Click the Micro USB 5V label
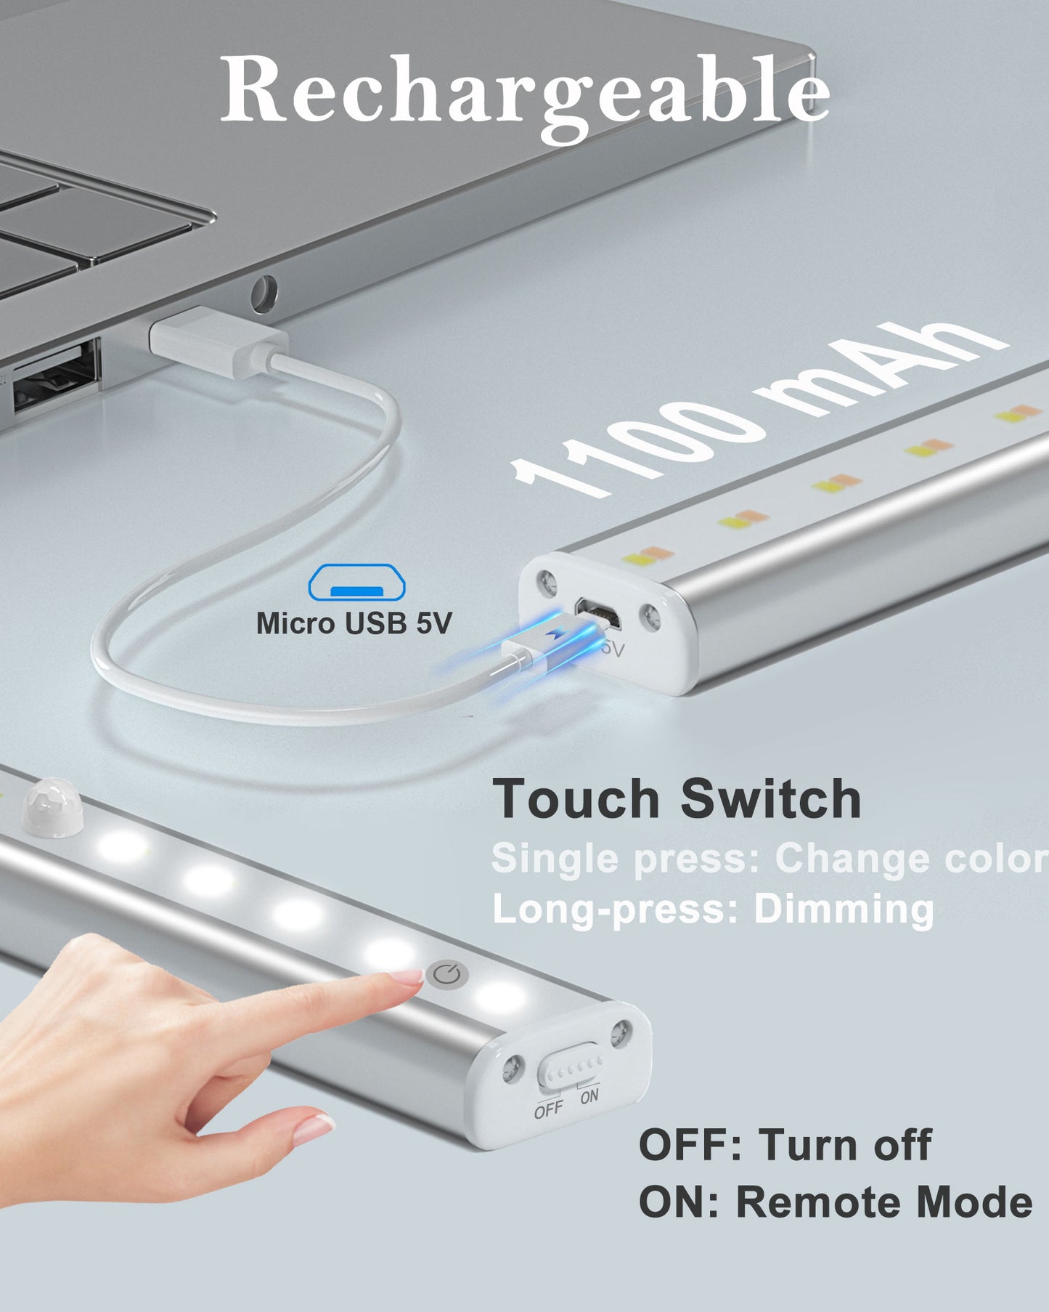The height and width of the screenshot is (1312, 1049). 354,623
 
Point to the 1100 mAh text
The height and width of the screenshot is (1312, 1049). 759,409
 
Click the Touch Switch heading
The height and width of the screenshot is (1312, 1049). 677,799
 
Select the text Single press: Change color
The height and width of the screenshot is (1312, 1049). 770,859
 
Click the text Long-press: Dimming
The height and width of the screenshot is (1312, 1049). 713,909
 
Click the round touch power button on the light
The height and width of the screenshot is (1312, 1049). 446,974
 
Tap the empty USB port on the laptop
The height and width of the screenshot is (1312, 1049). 54,378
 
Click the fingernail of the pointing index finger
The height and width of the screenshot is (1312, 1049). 410,978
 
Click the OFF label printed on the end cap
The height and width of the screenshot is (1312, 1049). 548,1109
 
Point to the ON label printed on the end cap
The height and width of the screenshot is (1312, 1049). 589,1096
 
